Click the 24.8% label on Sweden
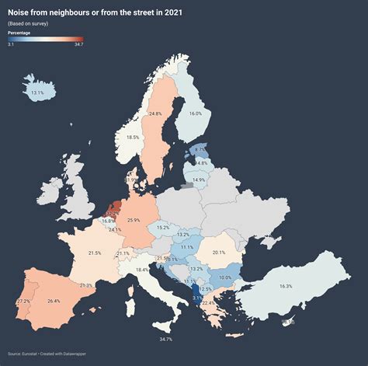[x=154, y=114]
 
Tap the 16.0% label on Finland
[x=195, y=113]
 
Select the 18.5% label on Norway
[x=133, y=138]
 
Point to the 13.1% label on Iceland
[x=37, y=93]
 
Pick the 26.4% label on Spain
[x=54, y=301]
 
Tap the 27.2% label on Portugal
[x=23, y=302]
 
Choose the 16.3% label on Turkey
[x=285, y=287]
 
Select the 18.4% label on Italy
[x=142, y=270]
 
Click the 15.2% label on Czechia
[x=163, y=228]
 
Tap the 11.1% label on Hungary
[x=187, y=247]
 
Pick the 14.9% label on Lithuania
[x=199, y=180]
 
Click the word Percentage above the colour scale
[x=19, y=32]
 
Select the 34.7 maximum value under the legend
[x=78, y=44]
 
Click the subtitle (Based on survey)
[x=28, y=24]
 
